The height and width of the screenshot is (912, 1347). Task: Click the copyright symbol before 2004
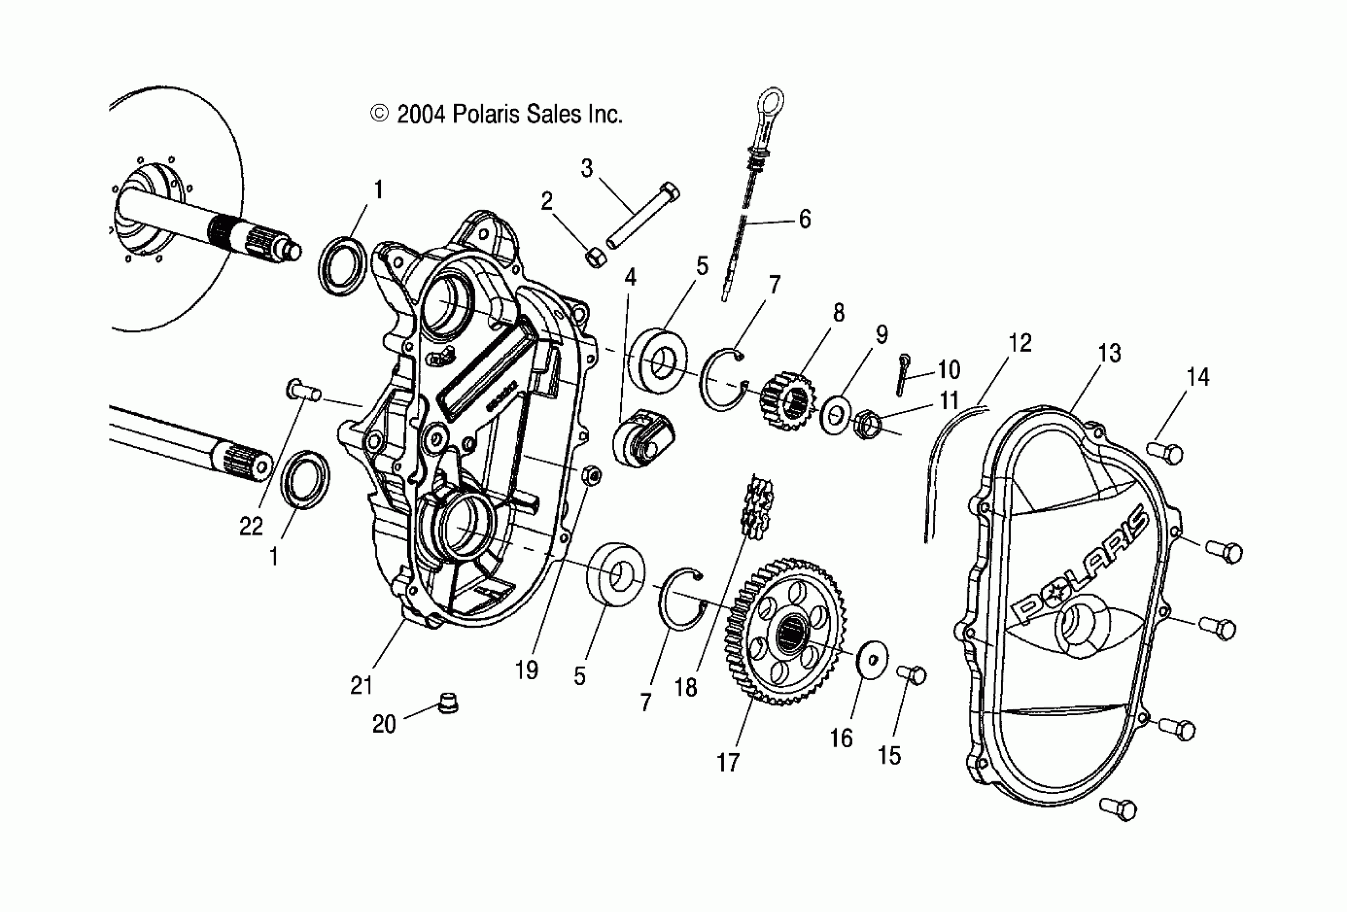[x=379, y=114]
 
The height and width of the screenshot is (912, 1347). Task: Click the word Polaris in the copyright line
[x=488, y=114]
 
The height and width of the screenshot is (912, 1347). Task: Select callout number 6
[x=805, y=219]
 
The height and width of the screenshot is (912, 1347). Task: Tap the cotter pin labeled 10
[x=903, y=374]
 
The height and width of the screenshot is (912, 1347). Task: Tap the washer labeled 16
[x=872, y=658]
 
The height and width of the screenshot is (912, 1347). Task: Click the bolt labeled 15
[x=912, y=675]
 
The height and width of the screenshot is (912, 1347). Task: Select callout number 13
[x=1109, y=352]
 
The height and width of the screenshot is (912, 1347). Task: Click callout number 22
[x=251, y=526]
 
